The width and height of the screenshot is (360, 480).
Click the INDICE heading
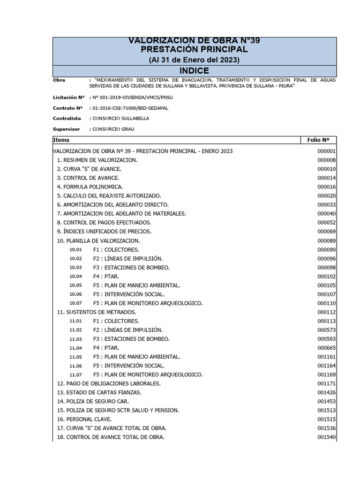pyautogui.click(x=194, y=71)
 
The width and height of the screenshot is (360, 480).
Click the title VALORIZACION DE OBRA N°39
pyautogui.click(x=194, y=41)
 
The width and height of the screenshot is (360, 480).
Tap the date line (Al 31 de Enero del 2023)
pyautogui.click(x=194, y=60)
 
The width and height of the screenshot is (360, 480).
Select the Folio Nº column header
pyautogui.click(x=318, y=140)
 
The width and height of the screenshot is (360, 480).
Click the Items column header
pyautogui.click(x=61, y=140)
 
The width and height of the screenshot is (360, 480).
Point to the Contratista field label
pyautogui.click(x=67, y=119)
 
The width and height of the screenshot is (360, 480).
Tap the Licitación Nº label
pyautogui.click(x=68, y=97)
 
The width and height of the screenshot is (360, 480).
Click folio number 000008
pyautogui.click(x=326, y=160)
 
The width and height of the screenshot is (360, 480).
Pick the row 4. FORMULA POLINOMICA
pyautogui.click(x=90, y=187)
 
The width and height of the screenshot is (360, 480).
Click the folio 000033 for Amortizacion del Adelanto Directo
pyautogui.click(x=326, y=205)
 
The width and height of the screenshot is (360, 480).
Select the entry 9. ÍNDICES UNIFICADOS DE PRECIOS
pyautogui.click(x=104, y=232)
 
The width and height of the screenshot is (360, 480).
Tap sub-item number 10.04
pyautogui.click(x=75, y=277)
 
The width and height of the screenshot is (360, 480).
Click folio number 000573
pyautogui.click(x=326, y=330)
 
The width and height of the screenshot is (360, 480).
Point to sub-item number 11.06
pyautogui.click(x=75, y=366)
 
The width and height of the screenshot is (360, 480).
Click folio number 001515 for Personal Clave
pyautogui.click(x=326, y=419)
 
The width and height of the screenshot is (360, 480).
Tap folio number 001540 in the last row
pyautogui.click(x=326, y=437)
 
